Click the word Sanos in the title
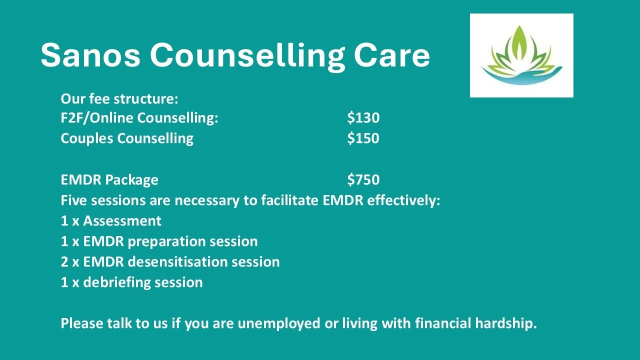click(90, 54)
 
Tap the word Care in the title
click(391, 54)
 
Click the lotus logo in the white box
click(521, 55)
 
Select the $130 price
click(363, 117)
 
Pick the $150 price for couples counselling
click(363, 138)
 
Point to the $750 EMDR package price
click(363, 179)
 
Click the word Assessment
click(122, 221)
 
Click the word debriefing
click(116, 283)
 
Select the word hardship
click(506, 324)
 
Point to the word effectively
click(403, 200)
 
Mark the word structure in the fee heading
click(146, 99)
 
